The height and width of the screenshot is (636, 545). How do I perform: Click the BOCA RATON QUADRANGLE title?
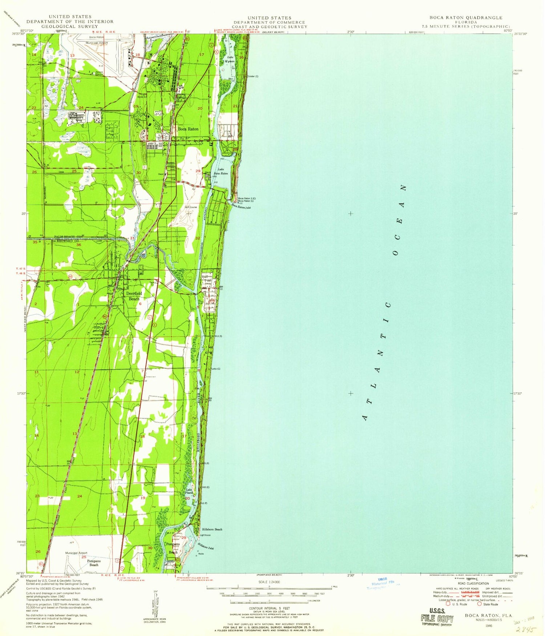(466, 17)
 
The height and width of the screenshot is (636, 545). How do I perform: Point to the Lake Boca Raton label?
(223, 172)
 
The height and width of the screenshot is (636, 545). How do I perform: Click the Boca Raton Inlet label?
(241, 206)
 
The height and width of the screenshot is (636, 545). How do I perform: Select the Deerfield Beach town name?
(134, 296)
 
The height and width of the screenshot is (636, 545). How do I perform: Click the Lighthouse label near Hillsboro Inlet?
(205, 535)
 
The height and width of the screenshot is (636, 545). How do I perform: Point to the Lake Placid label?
(189, 491)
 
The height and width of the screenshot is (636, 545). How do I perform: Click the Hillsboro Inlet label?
(206, 546)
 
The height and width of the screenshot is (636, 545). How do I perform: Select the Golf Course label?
(191, 207)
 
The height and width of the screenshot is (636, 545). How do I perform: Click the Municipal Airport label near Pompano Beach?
(76, 553)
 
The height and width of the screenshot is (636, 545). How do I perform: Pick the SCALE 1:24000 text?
(269, 582)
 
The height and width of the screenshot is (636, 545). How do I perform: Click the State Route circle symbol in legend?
(479, 604)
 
